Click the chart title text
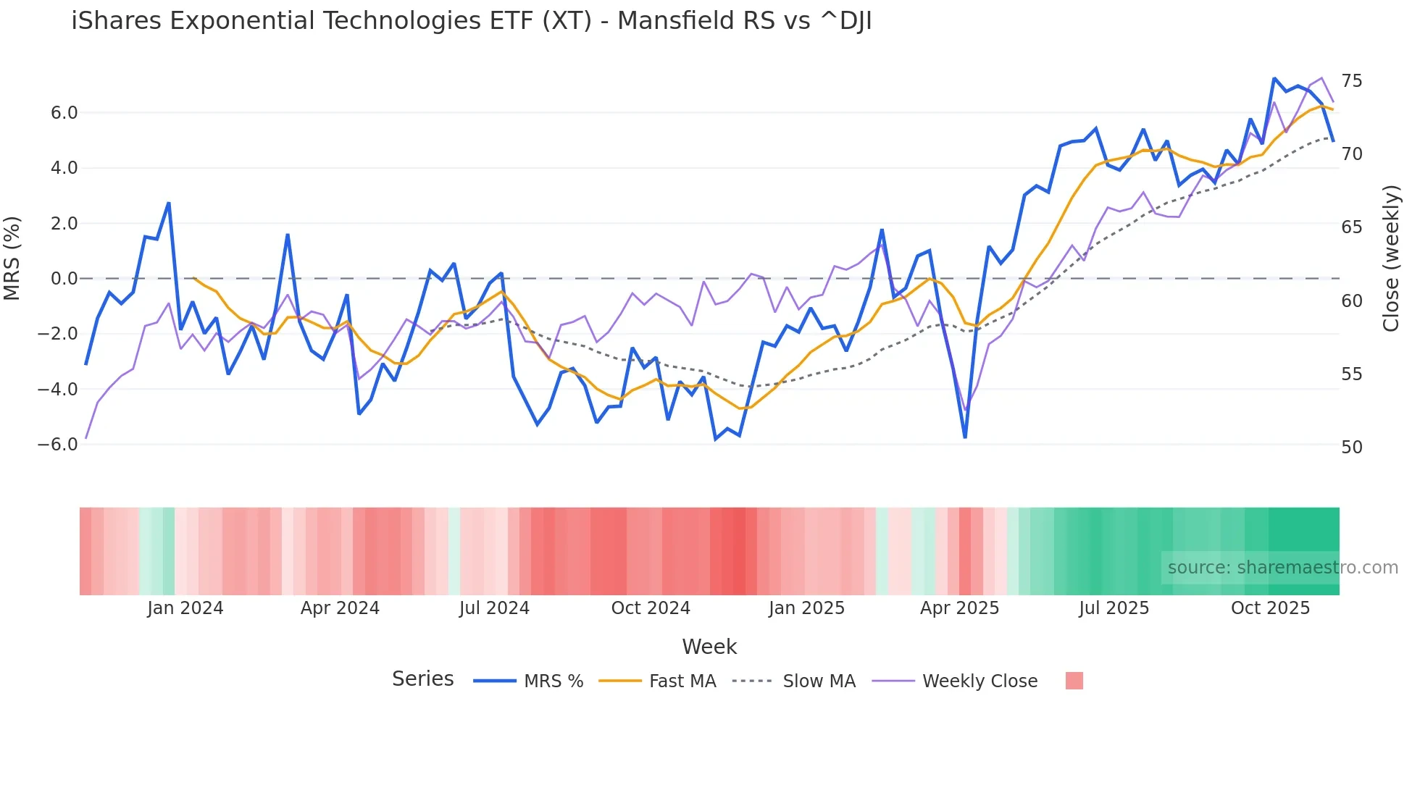click(x=471, y=21)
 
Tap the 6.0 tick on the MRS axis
click(x=64, y=113)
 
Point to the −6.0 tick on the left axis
click(x=58, y=445)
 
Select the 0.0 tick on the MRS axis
click(x=64, y=279)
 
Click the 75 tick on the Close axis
click(x=1351, y=81)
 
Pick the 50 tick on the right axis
click(x=1351, y=448)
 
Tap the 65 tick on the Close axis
click(x=1351, y=227)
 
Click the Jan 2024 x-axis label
click(x=185, y=608)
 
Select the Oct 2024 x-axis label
click(x=651, y=608)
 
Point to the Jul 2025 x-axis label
click(x=1114, y=608)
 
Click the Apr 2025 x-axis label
click(x=959, y=608)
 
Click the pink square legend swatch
click(x=1074, y=681)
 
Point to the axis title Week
click(x=709, y=647)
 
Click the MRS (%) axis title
click(x=12, y=259)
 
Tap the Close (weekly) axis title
click(x=1390, y=259)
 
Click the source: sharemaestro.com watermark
click(x=1282, y=568)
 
